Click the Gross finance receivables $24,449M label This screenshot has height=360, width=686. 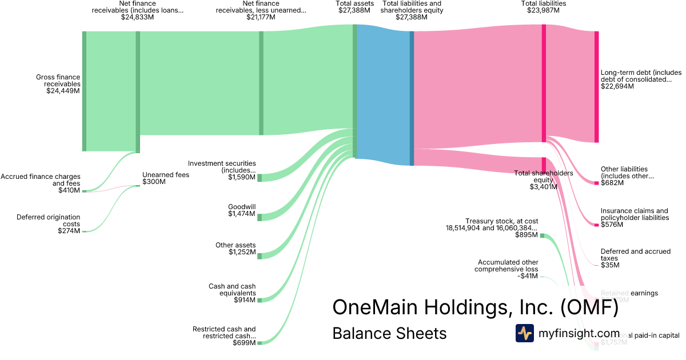click(x=58, y=83)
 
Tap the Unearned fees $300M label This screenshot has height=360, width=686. click(x=165, y=178)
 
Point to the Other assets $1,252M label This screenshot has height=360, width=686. click(x=236, y=249)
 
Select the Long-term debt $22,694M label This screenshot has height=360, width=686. click(x=641, y=79)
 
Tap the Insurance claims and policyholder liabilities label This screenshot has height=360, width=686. click(x=634, y=218)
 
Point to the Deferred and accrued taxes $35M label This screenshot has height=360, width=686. click(x=635, y=258)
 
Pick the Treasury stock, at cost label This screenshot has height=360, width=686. click(x=493, y=227)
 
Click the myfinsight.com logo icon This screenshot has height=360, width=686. click(x=524, y=333)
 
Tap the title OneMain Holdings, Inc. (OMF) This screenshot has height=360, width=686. click(x=475, y=307)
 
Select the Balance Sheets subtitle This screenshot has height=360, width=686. click(x=389, y=333)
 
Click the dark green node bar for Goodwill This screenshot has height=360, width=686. click(x=260, y=217)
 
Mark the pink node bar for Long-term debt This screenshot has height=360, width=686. click(x=596, y=87)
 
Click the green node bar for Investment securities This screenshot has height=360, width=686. click(x=260, y=178)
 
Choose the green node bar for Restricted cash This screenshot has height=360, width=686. click(x=260, y=343)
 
